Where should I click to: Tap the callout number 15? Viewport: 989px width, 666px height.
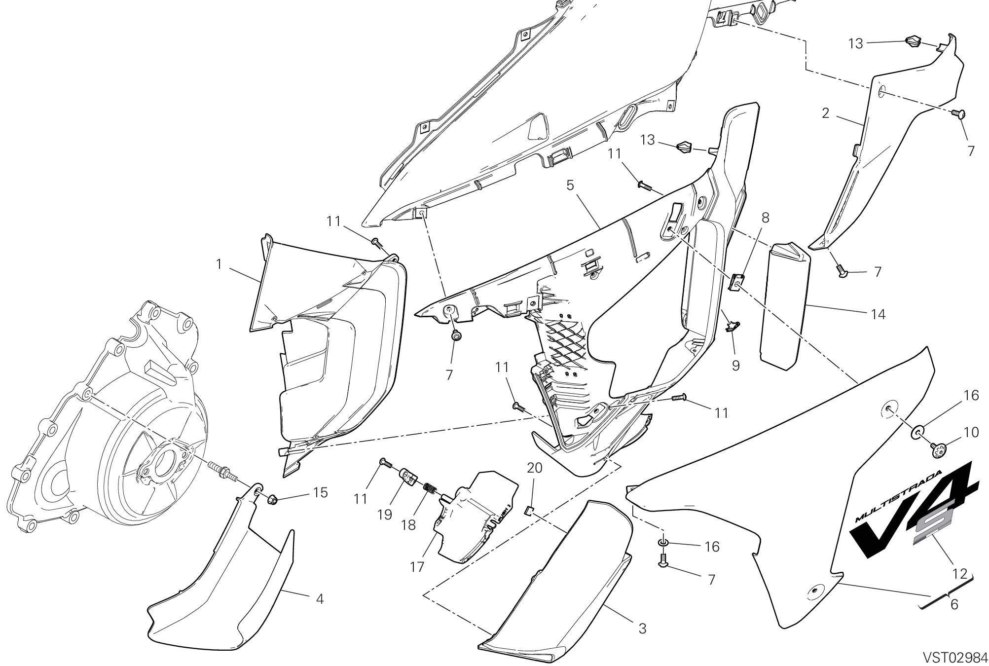tap(321, 492)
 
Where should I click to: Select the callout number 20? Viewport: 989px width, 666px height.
tap(534, 467)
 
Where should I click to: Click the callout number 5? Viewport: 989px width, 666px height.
tap(570, 185)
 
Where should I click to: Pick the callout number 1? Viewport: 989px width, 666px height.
tap(219, 264)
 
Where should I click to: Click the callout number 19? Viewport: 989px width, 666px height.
tap(385, 515)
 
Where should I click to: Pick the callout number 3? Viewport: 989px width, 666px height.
tap(642, 629)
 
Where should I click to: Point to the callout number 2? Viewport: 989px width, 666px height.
tap(826, 113)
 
